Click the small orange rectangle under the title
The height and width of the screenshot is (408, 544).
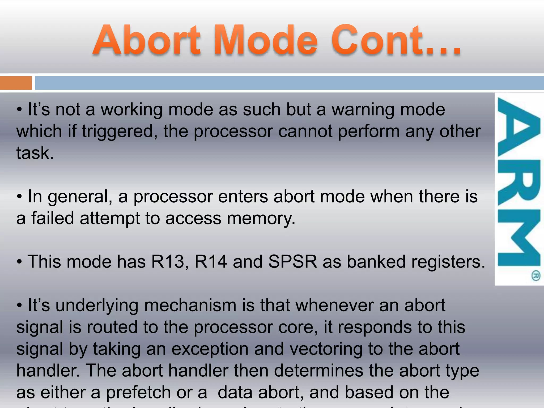pos(16,83)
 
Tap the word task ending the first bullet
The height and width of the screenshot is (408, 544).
pos(35,153)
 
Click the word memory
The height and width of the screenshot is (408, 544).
pos(261,218)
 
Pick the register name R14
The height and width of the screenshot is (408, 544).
pos(211,262)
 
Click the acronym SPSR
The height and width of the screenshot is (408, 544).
pos(292,262)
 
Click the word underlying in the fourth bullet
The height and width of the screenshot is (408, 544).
pos(97,305)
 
